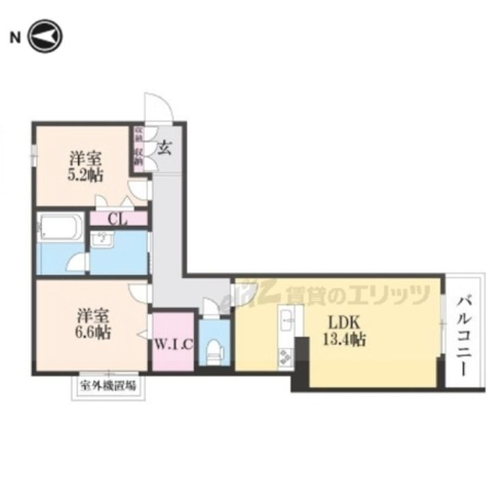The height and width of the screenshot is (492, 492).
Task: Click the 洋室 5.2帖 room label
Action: click(x=85, y=166)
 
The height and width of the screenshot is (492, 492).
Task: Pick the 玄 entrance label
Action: click(x=165, y=147)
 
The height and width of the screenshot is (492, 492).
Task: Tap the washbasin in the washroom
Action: click(x=102, y=240)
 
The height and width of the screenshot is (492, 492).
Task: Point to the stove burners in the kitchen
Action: click(x=285, y=356)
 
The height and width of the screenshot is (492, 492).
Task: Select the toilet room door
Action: click(x=213, y=307)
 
